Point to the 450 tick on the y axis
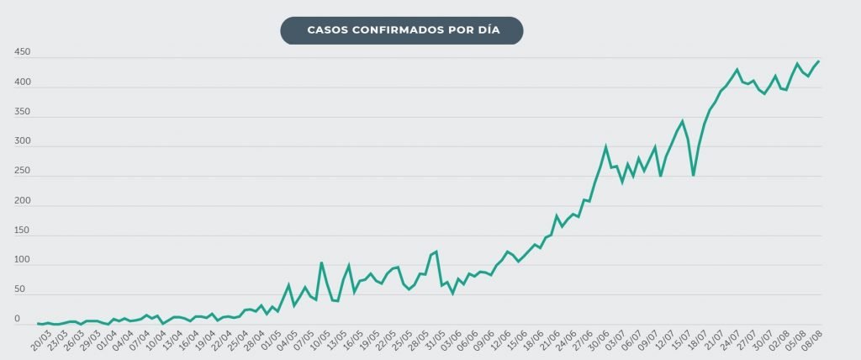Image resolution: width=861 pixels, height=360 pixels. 23,53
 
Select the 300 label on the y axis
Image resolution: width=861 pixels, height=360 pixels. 23,142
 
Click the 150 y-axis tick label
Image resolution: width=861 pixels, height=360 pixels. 23,230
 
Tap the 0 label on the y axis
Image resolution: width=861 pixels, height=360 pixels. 17,320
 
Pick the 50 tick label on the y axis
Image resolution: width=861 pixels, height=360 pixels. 20,290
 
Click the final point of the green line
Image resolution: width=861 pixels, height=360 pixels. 819,61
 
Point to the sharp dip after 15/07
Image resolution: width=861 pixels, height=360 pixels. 693,175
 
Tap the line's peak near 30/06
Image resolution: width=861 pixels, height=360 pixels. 605,146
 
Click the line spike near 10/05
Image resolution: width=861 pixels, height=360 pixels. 320,262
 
